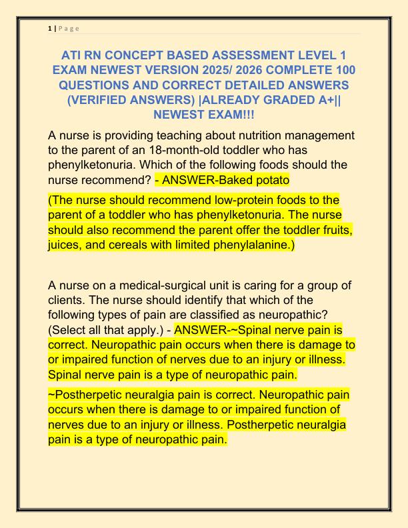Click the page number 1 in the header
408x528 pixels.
click(x=50, y=27)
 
